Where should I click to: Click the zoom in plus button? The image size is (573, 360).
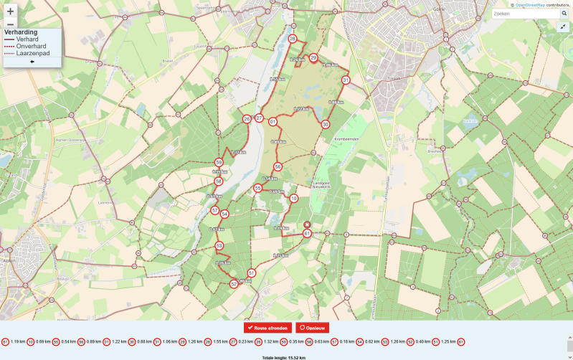10,11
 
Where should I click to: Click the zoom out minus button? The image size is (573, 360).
10,23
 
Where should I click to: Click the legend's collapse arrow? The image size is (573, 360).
32,62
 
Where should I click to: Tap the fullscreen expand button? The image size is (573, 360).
562,27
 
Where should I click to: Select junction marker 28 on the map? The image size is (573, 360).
292,39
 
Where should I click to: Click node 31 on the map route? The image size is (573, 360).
346,80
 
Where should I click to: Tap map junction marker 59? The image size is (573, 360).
219,163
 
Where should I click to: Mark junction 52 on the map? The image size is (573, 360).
234,284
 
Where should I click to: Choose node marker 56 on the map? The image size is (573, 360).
278,166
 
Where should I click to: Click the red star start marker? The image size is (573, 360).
307,224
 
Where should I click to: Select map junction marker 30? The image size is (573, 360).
326,124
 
